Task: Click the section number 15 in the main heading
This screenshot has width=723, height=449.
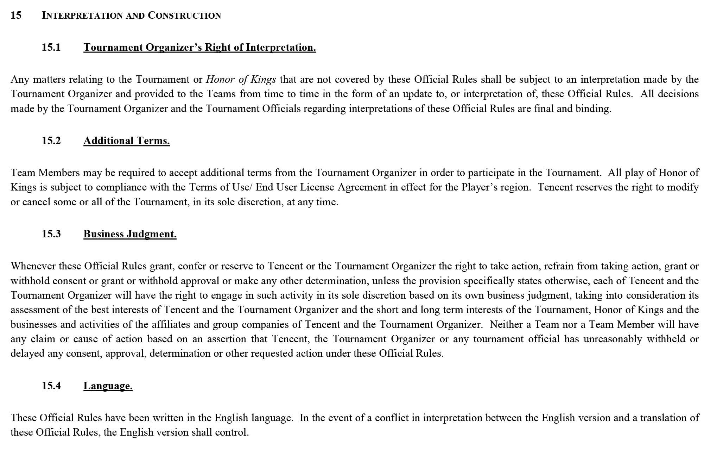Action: [x=16, y=15]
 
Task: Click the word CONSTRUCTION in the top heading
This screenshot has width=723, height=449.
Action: [x=184, y=15]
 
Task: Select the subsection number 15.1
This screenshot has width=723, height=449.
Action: [x=51, y=47]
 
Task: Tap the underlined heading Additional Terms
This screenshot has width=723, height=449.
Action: [x=126, y=141]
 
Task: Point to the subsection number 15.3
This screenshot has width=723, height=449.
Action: [x=51, y=234]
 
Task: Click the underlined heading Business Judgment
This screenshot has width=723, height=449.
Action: [x=130, y=234]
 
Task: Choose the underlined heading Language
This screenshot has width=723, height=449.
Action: [x=108, y=386]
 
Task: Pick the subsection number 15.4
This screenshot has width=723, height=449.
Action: [x=51, y=386]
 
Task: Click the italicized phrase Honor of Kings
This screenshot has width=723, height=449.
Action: [x=241, y=79]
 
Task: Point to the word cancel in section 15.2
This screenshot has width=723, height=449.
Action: [x=36, y=202]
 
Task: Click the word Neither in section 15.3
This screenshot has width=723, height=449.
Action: [x=506, y=324]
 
